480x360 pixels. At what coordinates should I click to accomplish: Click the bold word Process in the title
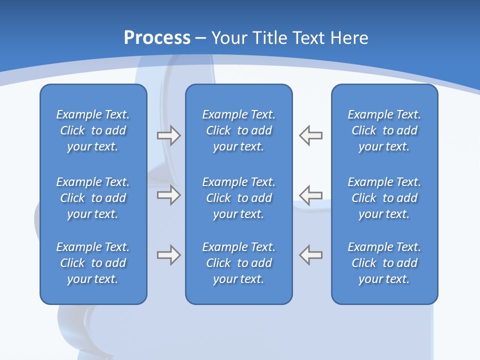click(157, 38)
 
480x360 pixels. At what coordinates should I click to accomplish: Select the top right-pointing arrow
click(168, 135)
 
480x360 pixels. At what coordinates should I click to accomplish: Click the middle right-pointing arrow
click(168, 195)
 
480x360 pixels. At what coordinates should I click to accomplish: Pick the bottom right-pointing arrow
click(168, 255)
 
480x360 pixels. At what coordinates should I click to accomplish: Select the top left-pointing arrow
click(311, 135)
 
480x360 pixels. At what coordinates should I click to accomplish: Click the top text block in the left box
click(93, 130)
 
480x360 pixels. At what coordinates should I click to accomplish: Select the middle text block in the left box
click(93, 198)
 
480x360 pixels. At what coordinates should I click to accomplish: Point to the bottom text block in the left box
click(93, 263)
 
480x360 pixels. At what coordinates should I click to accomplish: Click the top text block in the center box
click(238, 130)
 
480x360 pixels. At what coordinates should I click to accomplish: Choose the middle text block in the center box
click(238, 198)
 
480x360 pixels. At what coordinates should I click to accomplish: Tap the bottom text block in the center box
click(238, 263)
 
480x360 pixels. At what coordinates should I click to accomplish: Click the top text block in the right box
click(384, 130)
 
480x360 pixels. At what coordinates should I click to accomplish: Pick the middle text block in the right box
click(384, 198)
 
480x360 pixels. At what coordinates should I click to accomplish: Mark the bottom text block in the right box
click(384, 263)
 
